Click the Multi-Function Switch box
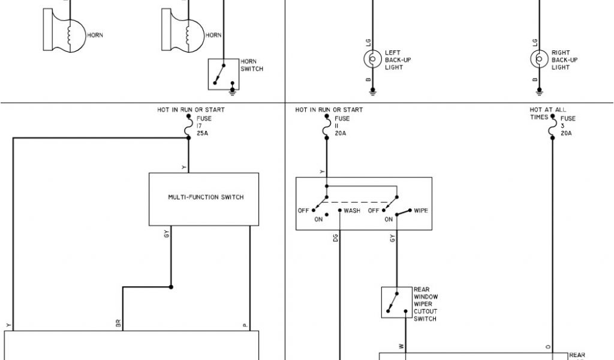pos(204,199)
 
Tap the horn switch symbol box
pos(222,74)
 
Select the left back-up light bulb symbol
pos(372,59)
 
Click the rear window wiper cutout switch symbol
pos(396,302)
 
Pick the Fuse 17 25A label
pos(204,127)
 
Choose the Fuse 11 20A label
pos(342,126)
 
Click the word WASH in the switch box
pos(352,211)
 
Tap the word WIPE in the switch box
pos(420,211)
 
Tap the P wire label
pos(245,325)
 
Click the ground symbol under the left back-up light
pos(372,91)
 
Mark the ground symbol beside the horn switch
pos(233,91)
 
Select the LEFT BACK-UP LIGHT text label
pos(398,60)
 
